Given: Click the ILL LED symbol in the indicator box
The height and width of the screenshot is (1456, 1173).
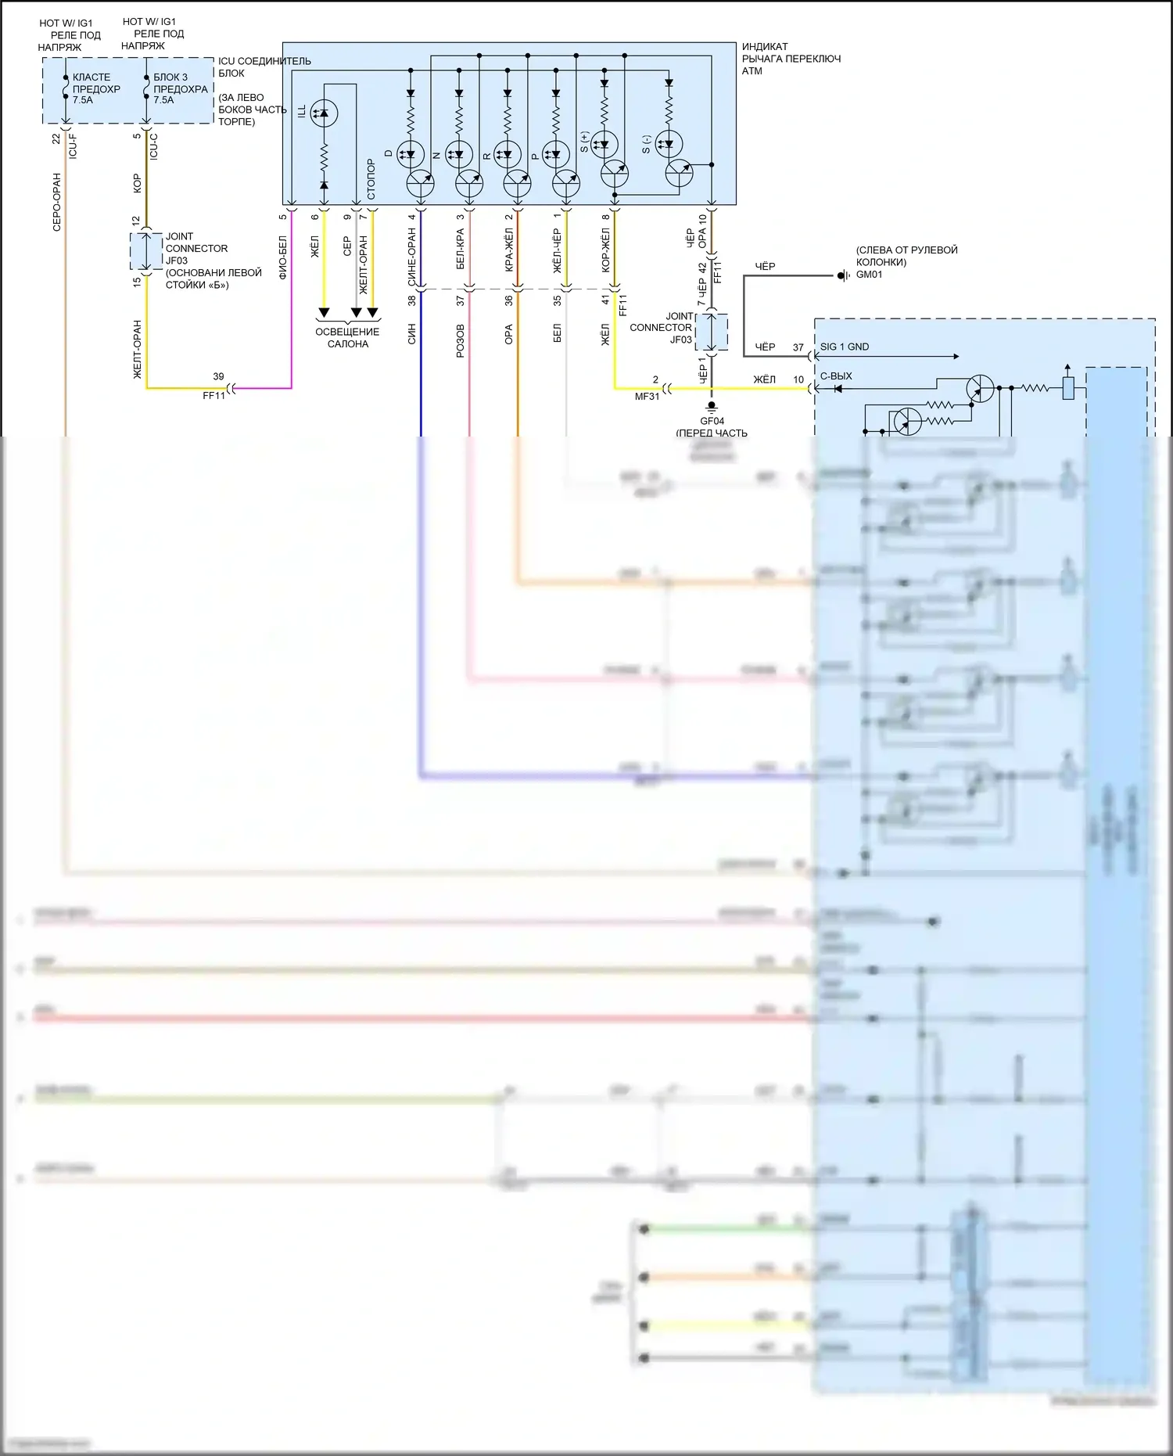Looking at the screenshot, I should pyautogui.click(x=324, y=113).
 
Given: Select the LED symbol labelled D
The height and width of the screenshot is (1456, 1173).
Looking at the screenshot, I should pyautogui.click(x=411, y=153).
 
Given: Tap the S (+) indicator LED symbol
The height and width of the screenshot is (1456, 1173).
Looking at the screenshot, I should pyautogui.click(x=604, y=144).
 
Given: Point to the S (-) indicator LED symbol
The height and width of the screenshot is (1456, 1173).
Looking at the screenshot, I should pyautogui.click(x=669, y=144).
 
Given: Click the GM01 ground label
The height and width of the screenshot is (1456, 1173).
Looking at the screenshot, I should pyautogui.click(x=869, y=275).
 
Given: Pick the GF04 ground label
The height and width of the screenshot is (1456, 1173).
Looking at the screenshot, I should pyautogui.click(x=712, y=421).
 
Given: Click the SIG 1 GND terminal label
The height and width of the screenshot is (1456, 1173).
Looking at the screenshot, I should pyautogui.click(x=844, y=347).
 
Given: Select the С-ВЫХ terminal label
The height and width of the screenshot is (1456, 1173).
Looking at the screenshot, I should pyautogui.click(x=835, y=376).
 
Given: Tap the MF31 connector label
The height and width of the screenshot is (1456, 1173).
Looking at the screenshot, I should pyautogui.click(x=647, y=397).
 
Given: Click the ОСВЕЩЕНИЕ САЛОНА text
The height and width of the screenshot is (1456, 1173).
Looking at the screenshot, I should pyautogui.click(x=347, y=338).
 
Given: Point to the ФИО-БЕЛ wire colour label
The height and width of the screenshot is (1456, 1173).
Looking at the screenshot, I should pyautogui.click(x=283, y=257).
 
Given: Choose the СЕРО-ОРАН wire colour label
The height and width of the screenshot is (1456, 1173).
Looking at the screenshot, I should pyautogui.click(x=56, y=202).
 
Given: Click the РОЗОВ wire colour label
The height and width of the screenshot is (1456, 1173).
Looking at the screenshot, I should pyautogui.click(x=460, y=341).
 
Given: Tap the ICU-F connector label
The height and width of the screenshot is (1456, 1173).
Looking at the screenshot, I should pyautogui.click(x=73, y=146).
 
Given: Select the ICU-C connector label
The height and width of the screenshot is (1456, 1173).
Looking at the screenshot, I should pyautogui.click(x=153, y=146).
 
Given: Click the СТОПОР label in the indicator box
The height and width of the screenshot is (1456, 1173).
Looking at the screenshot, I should pyautogui.click(x=371, y=179).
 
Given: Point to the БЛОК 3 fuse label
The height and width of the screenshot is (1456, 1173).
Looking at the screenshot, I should pyautogui.click(x=170, y=77).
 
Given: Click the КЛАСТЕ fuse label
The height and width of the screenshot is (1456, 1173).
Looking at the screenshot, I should pyautogui.click(x=91, y=77).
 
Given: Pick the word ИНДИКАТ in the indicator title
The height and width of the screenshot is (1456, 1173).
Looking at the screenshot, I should pyautogui.click(x=764, y=47).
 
